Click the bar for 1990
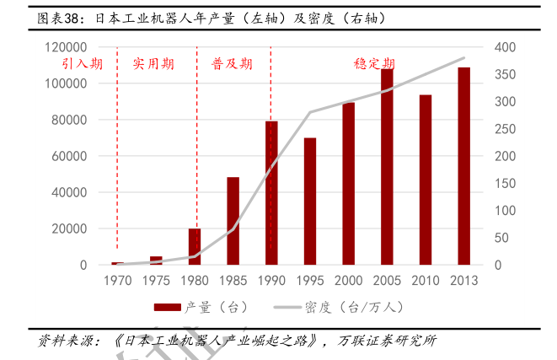(x=271, y=193)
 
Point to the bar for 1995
(x=310, y=201)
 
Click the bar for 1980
(x=195, y=246)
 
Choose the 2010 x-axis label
(x=426, y=281)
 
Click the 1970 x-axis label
(x=117, y=281)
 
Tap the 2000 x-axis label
(x=348, y=281)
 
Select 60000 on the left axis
(x=69, y=156)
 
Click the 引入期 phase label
(x=82, y=64)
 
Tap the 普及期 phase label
(x=232, y=64)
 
